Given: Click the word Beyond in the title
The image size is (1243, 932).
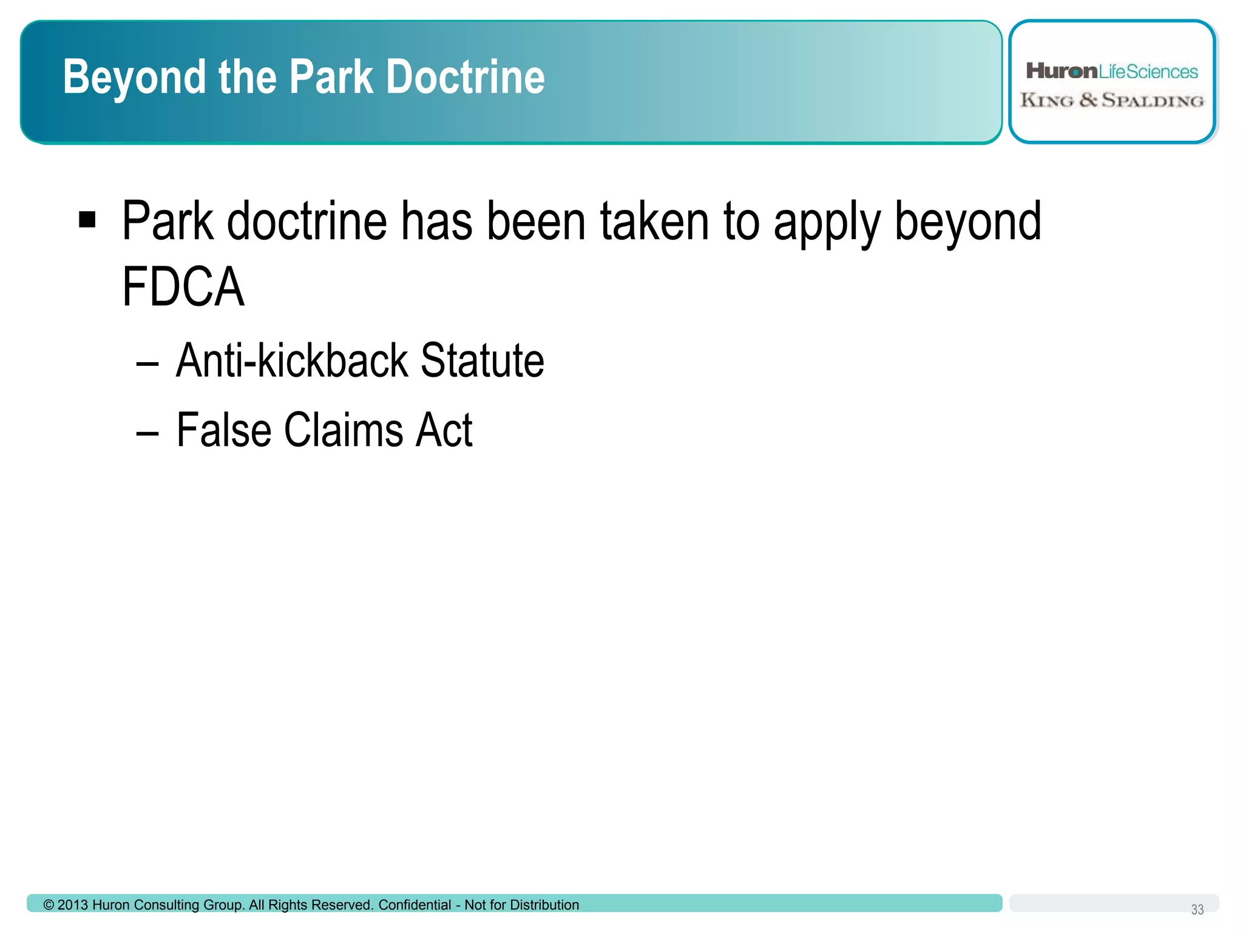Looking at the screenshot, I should coord(134,78).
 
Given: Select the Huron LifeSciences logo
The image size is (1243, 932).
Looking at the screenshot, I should coord(1111,72).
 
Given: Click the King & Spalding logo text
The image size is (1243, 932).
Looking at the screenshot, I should coord(1111,100).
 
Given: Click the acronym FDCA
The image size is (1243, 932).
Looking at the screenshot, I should coord(183,287).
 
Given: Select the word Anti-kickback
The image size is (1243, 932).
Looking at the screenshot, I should coord(292,360).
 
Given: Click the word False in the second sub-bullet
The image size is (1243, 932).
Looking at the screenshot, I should coord(223,430).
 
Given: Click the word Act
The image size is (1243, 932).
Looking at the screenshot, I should coord(443,430).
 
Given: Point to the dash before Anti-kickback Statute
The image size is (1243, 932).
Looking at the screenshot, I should coord(147,364).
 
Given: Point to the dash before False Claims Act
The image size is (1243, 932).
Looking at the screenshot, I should coord(147,433).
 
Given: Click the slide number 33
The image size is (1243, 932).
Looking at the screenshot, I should coord(1197,910).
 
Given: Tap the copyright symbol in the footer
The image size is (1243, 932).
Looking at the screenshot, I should coord(49,905).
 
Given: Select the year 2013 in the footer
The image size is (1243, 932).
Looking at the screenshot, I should coord(73,905).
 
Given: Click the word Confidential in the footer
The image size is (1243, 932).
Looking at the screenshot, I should coord(415,905).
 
